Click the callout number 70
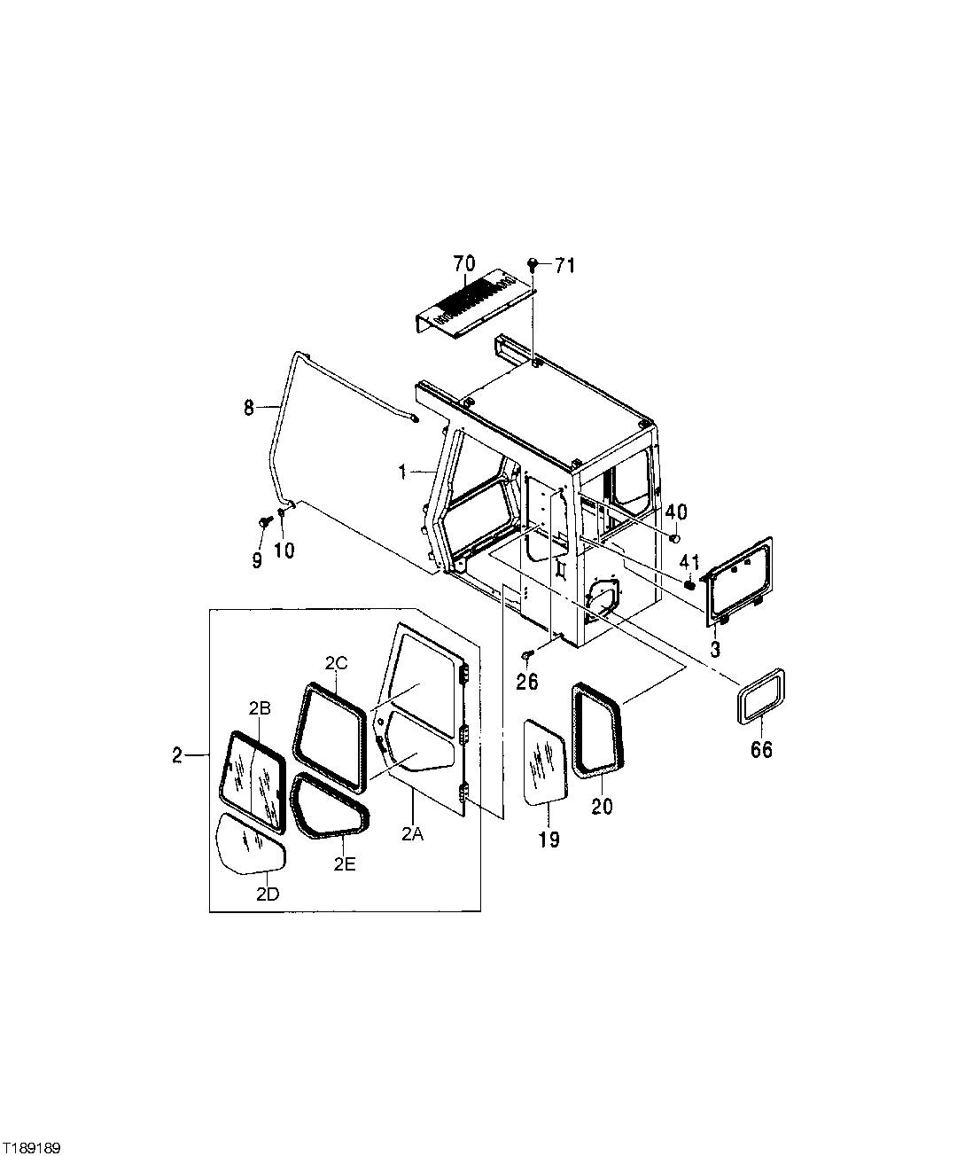[464, 263]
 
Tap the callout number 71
[565, 264]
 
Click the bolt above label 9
[264, 522]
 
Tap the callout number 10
[284, 550]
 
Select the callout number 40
[676, 512]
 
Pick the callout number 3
[715, 648]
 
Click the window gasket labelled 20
[597, 729]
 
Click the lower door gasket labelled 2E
[330, 807]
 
